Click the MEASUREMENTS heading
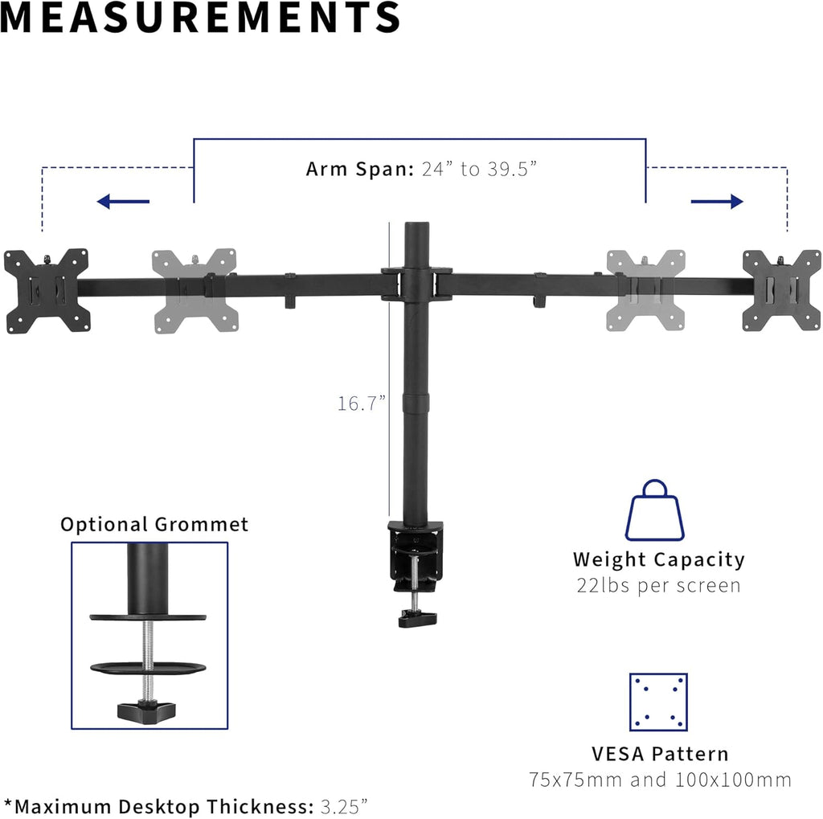pos(200,18)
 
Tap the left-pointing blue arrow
pos(122,201)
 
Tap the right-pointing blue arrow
pos(717,201)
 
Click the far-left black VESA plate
pos(46,290)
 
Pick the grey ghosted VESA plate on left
pos(194,290)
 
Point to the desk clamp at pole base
pos(415,555)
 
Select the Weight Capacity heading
pos(658,559)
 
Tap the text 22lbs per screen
pos(658,585)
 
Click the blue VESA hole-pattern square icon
pos(657,702)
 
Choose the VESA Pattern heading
pos(660,754)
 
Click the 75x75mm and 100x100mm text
pos(660,780)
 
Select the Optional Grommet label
pos(154,525)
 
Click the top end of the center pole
pos(416,227)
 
